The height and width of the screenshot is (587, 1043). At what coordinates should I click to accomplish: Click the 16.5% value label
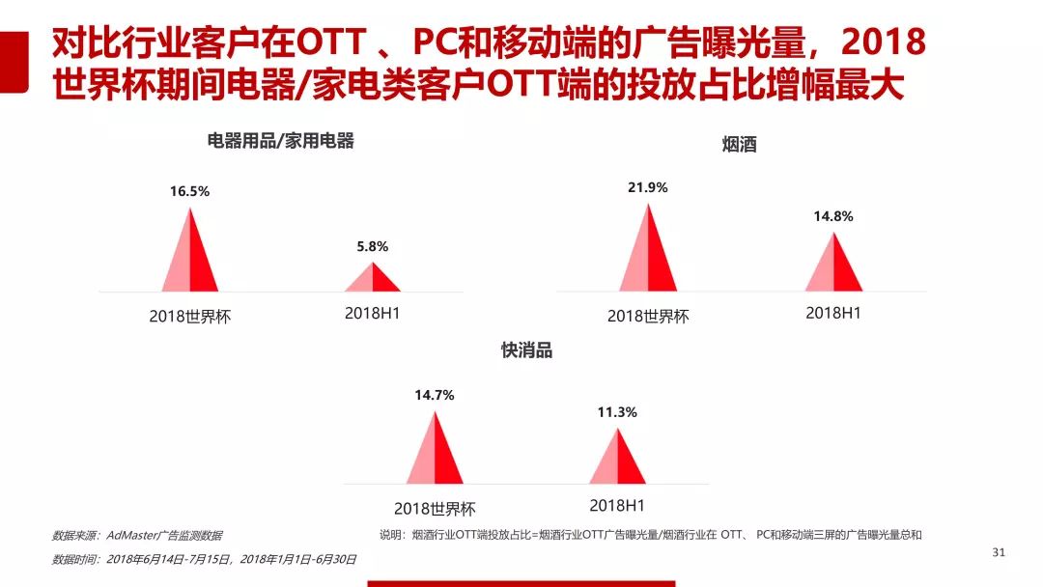coord(189,191)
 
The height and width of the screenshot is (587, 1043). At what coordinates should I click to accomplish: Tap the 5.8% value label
coord(372,246)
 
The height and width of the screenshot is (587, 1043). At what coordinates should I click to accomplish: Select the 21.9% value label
coord(647,187)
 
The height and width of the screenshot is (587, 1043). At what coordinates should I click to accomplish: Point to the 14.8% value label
coord(832,216)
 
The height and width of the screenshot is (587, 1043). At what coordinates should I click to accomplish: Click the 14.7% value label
coord(434,395)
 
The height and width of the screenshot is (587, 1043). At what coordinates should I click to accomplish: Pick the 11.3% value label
coord(617,412)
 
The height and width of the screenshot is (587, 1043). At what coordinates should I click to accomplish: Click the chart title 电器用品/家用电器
coord(281,141)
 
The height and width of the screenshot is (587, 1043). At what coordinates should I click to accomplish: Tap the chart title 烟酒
coord(739,146)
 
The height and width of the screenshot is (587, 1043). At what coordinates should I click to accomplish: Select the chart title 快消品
coord(526,350)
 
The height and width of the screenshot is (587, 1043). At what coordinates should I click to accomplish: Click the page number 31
coord(999,552)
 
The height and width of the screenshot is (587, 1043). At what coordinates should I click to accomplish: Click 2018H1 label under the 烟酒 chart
coord(833,313)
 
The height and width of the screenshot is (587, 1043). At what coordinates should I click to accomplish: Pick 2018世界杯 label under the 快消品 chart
coord(435,509)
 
